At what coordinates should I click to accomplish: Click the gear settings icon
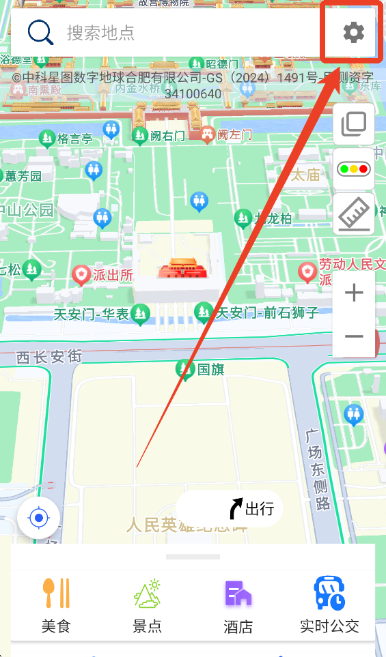[353, 32]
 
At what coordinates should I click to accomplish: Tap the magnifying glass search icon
[40, 32]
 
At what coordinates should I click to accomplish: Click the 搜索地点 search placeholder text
[100, 32]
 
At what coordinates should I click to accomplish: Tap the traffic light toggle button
[353, 169]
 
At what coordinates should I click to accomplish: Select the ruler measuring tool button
[353, 214]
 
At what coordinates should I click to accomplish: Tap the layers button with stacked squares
[353, 123]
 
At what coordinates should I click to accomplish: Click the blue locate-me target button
[39, 519]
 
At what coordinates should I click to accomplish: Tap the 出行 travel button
[249, 508]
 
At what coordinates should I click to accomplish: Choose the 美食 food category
[56, 604]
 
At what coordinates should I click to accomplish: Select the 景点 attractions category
[147, 604]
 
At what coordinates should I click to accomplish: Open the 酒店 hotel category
[238, 604]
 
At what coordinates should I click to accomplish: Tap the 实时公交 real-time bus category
[329, 604]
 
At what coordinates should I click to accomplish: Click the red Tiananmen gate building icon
[178, 267]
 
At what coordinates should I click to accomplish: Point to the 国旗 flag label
[210, 370]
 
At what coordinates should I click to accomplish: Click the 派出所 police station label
[112, 275]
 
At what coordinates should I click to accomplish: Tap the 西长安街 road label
[49, 356]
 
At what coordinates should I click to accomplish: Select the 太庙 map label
[305, 175]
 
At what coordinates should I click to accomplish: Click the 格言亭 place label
[74, 138]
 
